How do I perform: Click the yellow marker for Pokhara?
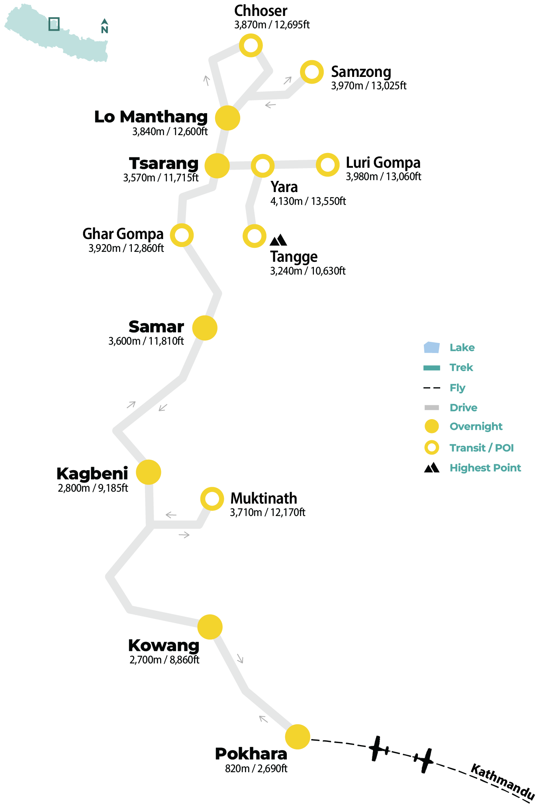click(x=298, y=737)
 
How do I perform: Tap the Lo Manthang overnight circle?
click(x=227, y=118)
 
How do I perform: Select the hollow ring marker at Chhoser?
click(x=251, y=45)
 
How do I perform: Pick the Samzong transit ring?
click(x=312, y=72)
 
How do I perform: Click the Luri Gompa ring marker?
click(x=327, y=165)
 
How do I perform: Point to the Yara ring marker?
click(x=263, y=166)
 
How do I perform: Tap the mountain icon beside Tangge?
click(x=278, y=240)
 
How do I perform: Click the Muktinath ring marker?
click(x=212, y=498)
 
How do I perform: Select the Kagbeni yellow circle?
click(x=149, y=472)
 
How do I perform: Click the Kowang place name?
click(x=164, y=645)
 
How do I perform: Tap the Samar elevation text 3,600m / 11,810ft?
click(x=146, y=341)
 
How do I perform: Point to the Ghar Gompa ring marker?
click(x=182, y=235)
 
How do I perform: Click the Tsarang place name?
click(x=164, y=163)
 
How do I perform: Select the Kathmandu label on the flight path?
click(x=503, y=782)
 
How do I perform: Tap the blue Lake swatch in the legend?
click(x=432, y=347)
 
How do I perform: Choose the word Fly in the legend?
click(x=457, y=388)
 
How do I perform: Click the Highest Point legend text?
click(x=485, y=468)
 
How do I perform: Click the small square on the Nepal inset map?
click(x=54, y=24)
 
